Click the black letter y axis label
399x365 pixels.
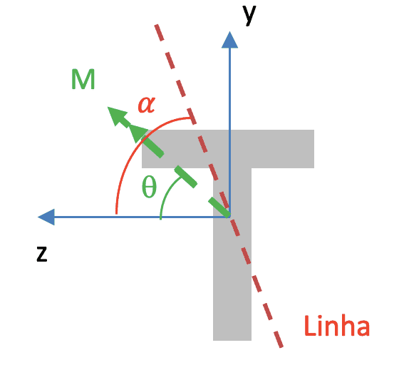249,15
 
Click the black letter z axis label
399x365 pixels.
42,254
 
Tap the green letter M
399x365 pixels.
83,79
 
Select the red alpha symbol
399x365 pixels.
147,105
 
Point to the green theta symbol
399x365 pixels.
149,187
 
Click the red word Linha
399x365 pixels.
337,326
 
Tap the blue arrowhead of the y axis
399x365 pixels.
229,40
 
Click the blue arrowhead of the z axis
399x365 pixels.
46,217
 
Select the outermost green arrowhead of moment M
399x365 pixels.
117,115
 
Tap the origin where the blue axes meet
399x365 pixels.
229,217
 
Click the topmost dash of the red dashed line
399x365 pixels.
159,32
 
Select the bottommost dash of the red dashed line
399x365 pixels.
279,339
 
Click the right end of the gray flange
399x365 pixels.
313,149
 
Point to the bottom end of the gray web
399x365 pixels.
232,340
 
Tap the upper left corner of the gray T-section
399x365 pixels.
142,130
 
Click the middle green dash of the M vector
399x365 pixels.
186,177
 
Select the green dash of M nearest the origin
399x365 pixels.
219,207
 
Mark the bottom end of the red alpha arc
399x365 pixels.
116,214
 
